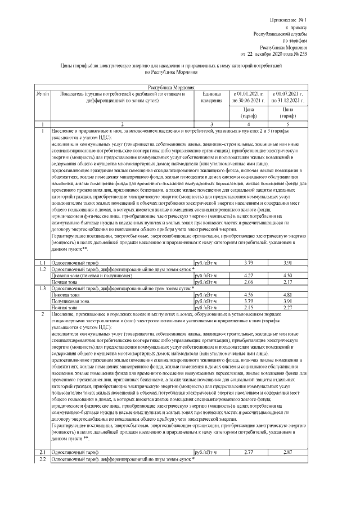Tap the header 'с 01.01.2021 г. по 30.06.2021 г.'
248,97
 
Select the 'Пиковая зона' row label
65,294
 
